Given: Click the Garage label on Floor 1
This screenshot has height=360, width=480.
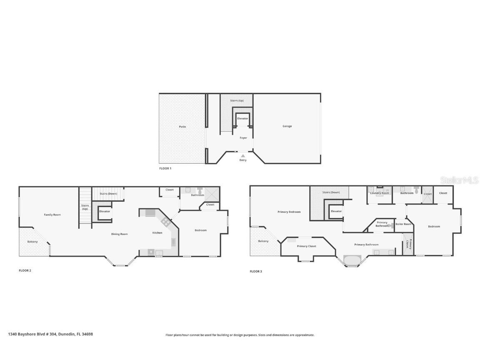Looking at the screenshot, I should coord(287,126).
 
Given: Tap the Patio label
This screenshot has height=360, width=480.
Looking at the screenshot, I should coord(182,127).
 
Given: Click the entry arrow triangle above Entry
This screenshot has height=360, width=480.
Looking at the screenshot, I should coord(243,155).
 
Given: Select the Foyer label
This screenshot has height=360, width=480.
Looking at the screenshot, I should coord(243,138).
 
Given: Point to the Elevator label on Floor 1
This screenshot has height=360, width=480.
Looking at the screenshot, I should coord(242,119).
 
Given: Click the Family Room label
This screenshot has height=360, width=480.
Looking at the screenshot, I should coord(52,215).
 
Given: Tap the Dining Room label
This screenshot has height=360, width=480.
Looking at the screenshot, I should coord(119,234).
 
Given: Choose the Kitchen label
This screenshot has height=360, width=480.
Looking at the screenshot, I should coord(157,233).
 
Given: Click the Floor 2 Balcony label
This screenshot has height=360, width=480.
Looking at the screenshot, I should coord(32,242).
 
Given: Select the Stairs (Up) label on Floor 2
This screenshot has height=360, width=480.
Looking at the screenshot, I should coord(85,207).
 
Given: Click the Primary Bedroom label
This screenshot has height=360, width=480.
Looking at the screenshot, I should coord(289,212).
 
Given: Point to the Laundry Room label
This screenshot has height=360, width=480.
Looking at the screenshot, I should coord(380,193).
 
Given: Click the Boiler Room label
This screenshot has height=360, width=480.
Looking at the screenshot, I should coord(403,224).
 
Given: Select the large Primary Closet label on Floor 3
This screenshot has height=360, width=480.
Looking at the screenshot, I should coord(307,246).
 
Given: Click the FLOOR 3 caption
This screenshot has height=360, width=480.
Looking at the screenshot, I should coord(256,271).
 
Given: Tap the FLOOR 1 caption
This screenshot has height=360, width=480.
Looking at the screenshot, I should coord(165,168).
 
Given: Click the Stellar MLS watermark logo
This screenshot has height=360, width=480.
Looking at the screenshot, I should coord(459,180).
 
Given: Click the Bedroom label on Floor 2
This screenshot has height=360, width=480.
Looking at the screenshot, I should coord(201,230).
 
